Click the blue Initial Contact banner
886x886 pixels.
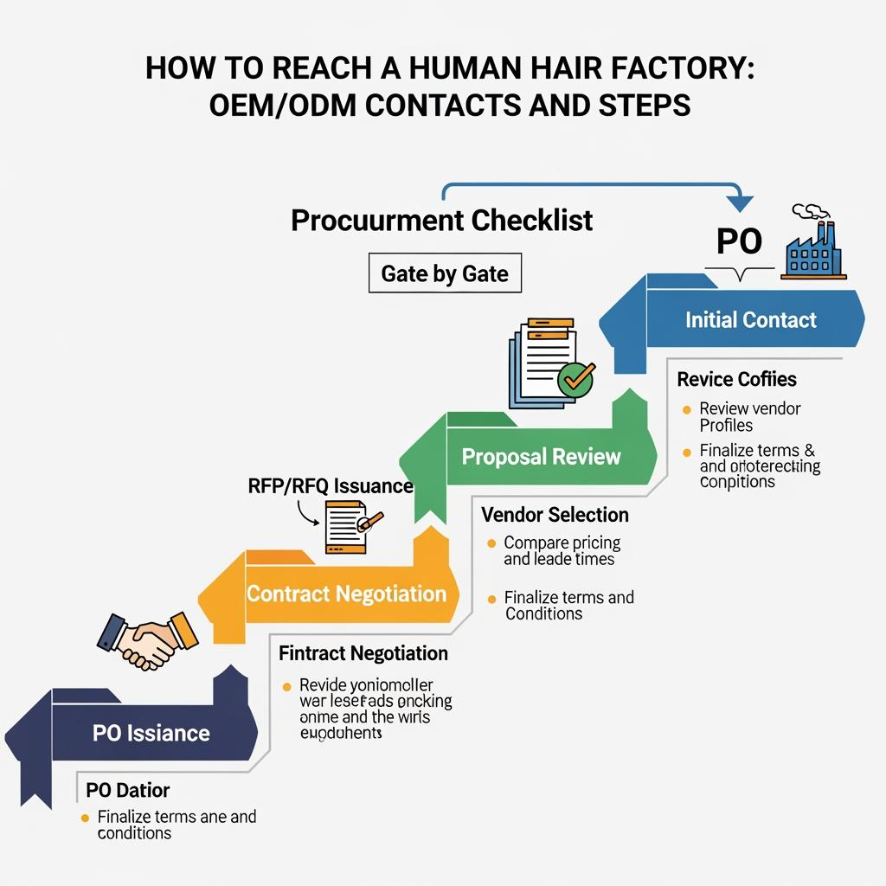tap(749, 320)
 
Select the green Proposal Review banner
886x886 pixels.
tap(541, 456)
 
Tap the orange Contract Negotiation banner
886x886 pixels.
tap(346, 594)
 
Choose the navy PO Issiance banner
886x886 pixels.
tap(151, 733)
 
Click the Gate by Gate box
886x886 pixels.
tap(445, 274)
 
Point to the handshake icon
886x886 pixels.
tap(148, 640)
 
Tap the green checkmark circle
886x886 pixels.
tap(576, 378)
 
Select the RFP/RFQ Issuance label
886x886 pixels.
tap(331, 485)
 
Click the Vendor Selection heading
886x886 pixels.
tap(555, 515)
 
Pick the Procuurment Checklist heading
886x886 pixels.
tap(442, 220)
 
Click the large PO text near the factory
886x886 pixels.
tap(740, 242)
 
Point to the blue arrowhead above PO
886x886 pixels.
tap(741, 204)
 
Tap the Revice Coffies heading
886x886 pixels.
tap(736, 379)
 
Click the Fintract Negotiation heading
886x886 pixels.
tap(363, 653)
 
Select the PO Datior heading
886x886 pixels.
tap(128, 790)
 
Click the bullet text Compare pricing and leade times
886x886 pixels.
tap(562, 551)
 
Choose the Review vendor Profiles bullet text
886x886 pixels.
tap(749, 416)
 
